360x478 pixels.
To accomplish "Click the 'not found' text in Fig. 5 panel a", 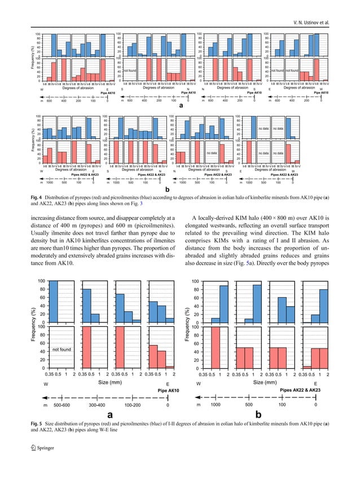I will (x=61, y=349).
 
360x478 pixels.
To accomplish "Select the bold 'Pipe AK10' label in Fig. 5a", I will (x=169, y=390).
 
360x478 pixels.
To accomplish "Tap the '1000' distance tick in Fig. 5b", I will (x=216, y=405).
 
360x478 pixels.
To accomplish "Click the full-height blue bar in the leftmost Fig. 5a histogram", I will (x=53, y=302).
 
